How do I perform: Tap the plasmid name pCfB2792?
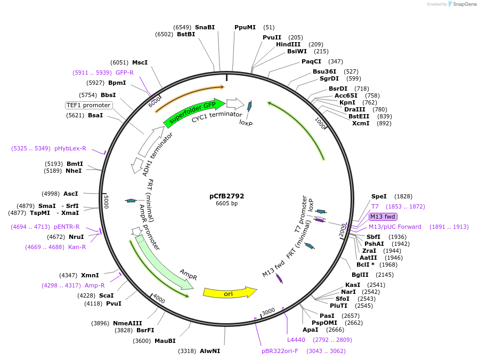click(x=226, y=196)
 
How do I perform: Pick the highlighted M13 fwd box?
click(x=383, y=217)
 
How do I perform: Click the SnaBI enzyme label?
click(x=205, y=27)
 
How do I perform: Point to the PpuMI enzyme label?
click(x=245, y=27)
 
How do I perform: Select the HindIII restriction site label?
click(x=288, y=44)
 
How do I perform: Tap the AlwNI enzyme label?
click(x=210, y=351)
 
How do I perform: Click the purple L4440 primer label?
click(x=296, y=339)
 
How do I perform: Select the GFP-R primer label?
click(x=125, y=73)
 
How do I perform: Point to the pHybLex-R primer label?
click(x=70, y=148)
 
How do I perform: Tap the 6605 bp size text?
click(x=226, y=203)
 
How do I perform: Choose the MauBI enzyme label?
click(x=165, y=341)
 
